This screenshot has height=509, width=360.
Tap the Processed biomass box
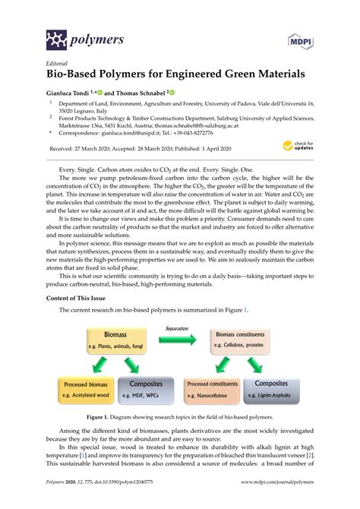pos(87,389)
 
